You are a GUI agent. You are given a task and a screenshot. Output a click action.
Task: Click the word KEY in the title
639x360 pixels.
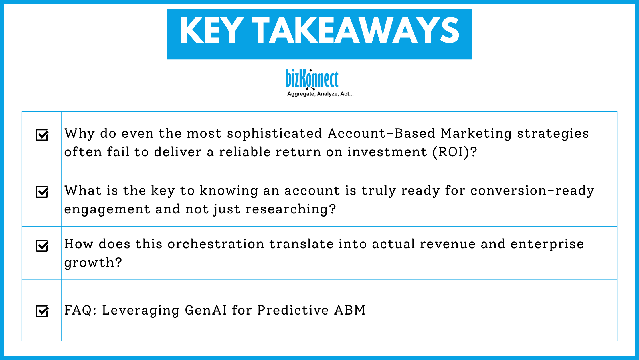(211, 31)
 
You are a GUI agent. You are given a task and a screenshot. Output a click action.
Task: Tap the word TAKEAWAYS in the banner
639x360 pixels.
(355, 31)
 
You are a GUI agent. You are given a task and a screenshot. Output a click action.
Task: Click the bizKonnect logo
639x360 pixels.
(312, 79)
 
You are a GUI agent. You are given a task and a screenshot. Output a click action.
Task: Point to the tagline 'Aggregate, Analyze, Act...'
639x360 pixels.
(320, 94)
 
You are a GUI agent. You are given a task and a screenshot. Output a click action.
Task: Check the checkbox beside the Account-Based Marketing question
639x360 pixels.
(42, 135)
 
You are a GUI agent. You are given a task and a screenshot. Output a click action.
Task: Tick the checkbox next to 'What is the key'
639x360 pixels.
(42, 192)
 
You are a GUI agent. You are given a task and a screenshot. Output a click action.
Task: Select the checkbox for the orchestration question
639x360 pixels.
(42, 246)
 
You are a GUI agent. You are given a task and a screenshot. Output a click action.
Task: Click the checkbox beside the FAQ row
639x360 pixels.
(42, 311)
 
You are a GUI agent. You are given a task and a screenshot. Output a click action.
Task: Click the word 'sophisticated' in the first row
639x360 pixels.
(274, 133)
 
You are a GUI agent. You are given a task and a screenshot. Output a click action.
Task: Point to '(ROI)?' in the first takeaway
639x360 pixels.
(454, 152)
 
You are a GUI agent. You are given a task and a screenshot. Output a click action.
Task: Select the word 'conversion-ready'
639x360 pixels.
(532, 191)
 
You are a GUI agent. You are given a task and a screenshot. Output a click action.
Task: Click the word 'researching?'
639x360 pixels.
(291, 209)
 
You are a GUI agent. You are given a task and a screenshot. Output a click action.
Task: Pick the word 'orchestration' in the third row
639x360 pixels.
(216, 244)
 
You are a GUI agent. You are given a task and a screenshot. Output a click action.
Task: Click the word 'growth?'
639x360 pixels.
(93, 263)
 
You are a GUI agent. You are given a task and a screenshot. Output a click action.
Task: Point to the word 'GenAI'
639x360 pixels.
(206, 310)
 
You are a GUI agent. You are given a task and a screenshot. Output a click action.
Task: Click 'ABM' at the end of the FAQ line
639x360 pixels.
(350, 310)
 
